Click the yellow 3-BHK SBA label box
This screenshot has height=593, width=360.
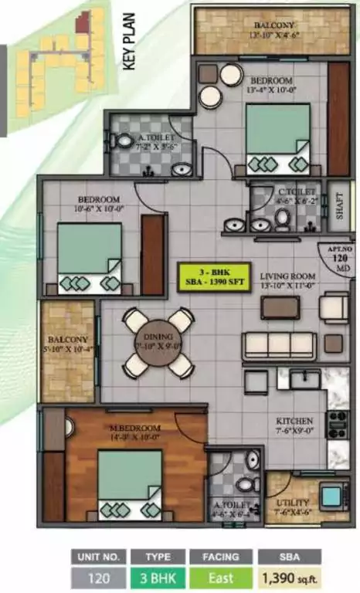pos(211,276)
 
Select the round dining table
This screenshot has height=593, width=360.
pos(158,342)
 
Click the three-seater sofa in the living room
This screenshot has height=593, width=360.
pos(278,344)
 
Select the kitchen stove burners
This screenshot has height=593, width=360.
pos(337,422)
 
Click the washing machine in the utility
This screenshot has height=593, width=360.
pos(333,494)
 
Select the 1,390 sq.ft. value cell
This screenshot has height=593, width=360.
pos(290,577)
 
